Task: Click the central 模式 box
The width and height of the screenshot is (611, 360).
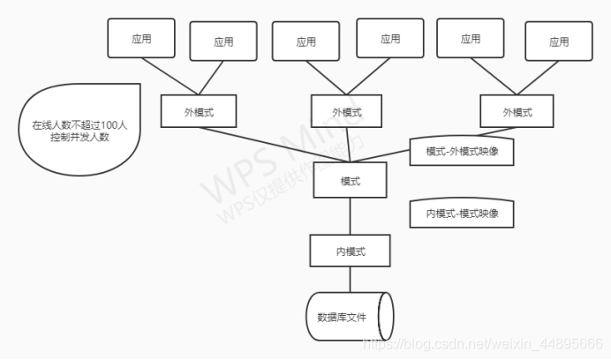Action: click(x=350, y=182)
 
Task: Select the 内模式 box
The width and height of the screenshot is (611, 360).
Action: click(x=350, y=251)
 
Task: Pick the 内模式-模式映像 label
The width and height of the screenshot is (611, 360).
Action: click(x=463, y=214)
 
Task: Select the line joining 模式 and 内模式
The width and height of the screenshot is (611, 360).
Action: click(x=350, y=216)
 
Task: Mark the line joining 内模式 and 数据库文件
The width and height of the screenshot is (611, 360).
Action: click(x=350, y=280)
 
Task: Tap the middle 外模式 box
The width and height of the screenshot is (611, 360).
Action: click(x=347, y=112)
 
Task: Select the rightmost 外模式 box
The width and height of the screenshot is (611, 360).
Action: click(x=517, y=112)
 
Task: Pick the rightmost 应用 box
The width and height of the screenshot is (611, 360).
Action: click(x=558, y=41)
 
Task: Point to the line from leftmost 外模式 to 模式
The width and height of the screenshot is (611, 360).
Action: click(x=274, y=145)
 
